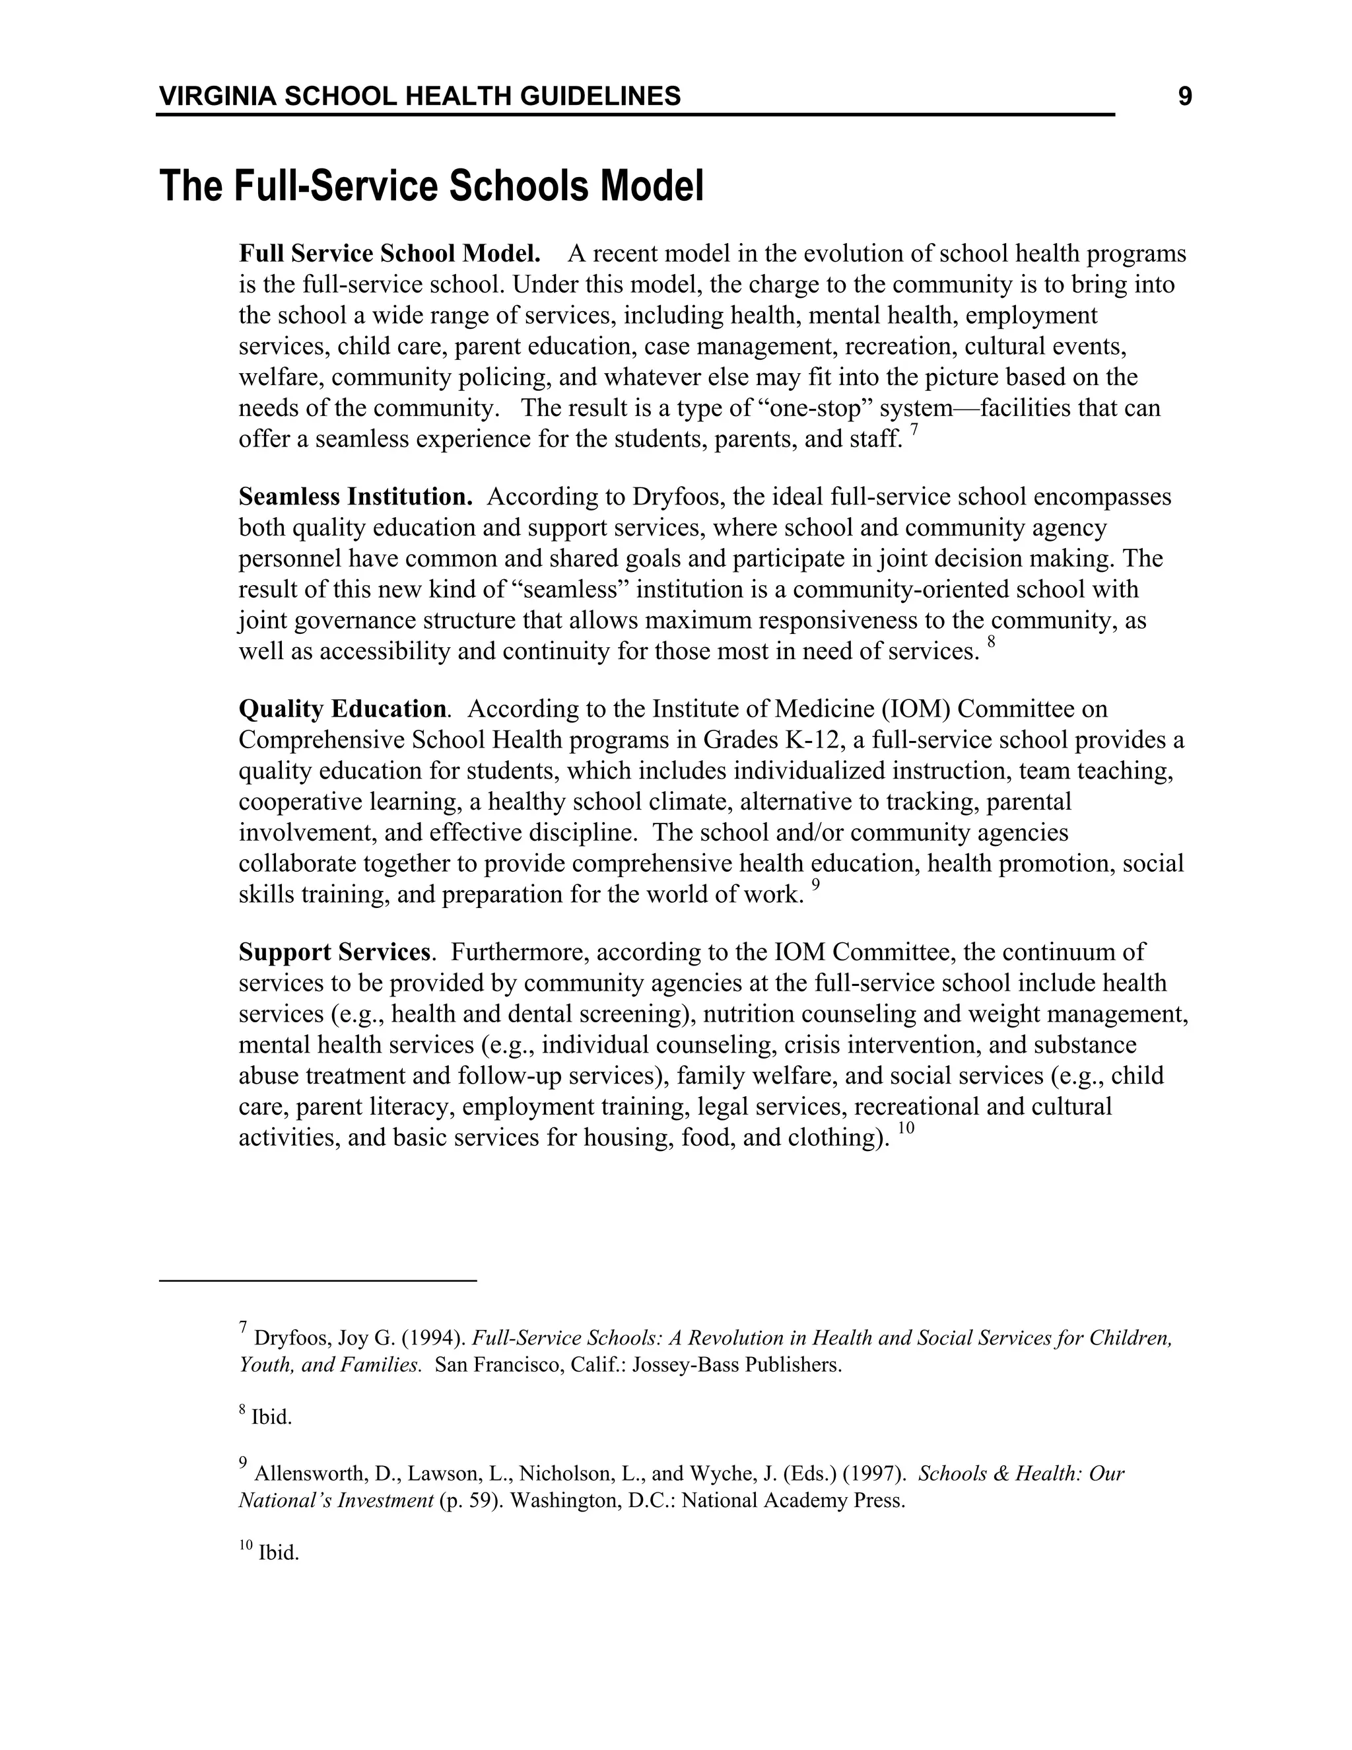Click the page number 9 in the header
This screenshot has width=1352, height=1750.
(x=1184, y=97)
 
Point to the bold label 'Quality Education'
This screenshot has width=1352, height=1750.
(x=342, y=709)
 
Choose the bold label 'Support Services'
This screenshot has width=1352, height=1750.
(x=334, y=952)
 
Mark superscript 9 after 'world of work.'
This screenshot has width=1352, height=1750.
(x=815, y=887)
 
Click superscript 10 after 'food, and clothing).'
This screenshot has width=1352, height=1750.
(x=905, y=1130)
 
